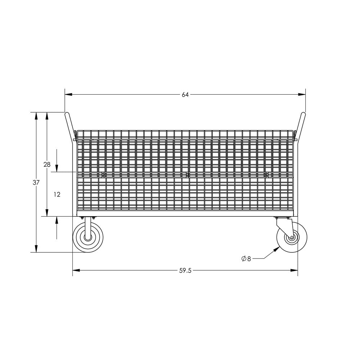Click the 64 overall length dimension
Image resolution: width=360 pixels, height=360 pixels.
coord(185,95)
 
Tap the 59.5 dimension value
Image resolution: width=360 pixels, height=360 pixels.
coord(185,271)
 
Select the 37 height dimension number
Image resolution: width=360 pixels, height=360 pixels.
coord(36,183)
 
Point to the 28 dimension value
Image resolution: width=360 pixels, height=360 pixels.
coord(47,165)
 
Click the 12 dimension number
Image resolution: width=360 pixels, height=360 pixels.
coord(57,194)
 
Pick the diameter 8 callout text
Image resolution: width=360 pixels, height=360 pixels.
coord(247,258)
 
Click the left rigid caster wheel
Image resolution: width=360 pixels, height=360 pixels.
coord(88,238)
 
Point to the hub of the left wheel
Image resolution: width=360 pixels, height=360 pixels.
coord(88,238)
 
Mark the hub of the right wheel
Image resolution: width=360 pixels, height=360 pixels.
coord(291,238)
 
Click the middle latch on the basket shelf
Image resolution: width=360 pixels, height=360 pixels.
coord(187,175)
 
